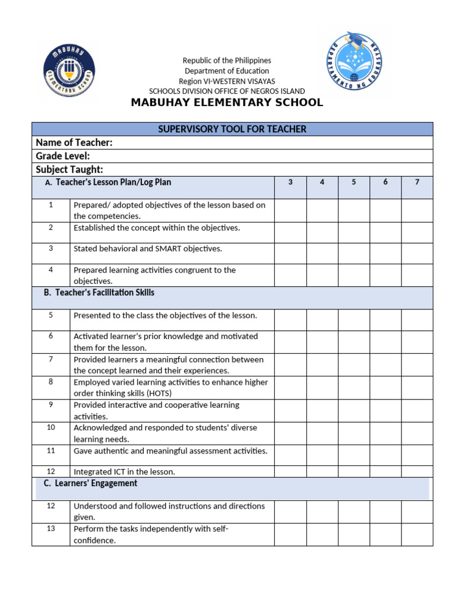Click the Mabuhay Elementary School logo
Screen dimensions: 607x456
[x=69, y=69]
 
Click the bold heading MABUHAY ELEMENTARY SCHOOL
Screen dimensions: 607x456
[x=227, y=103]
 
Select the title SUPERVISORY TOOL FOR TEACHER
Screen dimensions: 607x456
[x=232, y=129]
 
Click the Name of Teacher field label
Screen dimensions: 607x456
[x=74, y=143]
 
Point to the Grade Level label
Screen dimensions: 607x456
[x=63, y=156]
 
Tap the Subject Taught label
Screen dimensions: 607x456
[x=69, y=170]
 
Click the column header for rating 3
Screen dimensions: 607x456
[x=290, y=183]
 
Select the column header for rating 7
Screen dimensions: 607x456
[x=417, y=183]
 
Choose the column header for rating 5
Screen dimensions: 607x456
[x=354, y=183]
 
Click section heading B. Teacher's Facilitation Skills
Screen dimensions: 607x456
[x=99, y=293]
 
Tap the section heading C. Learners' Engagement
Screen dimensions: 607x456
[x=90, y=484]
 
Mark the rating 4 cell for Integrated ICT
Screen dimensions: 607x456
[x=322, y=471]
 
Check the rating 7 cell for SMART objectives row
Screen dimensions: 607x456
[x=417, y=253]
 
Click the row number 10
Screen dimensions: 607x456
[x=51, y=427]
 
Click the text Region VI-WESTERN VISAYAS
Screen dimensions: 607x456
[x=227, y=81]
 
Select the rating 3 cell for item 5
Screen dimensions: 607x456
[x=290, y=320]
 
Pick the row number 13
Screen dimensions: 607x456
[x=51, y=529]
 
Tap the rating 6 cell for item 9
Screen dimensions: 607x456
[x=385, y=410]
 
